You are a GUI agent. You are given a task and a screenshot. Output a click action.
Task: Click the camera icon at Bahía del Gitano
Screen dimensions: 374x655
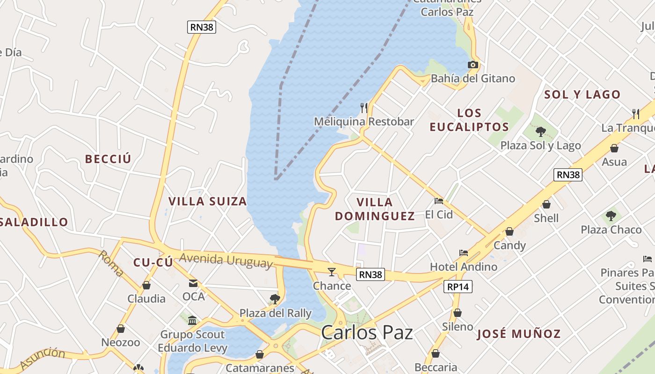click(x=473, y=65)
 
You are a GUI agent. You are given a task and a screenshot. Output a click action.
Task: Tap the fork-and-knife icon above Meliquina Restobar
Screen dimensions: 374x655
click(x=364, y=108)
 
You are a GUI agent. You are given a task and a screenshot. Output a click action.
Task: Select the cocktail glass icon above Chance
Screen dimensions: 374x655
click(x=332, y=272)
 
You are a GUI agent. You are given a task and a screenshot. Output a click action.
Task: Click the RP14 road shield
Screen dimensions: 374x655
click(x=458, y=287)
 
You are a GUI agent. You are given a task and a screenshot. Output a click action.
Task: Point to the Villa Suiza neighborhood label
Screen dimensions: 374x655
click(x=207, y=201)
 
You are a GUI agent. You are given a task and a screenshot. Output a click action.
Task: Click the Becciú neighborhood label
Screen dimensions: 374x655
click(x=108, y=159)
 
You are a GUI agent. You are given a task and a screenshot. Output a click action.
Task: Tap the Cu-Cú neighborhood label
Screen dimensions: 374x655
click(x=153, y=262)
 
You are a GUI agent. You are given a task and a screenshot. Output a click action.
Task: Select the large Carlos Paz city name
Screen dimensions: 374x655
click(x=367, y=333)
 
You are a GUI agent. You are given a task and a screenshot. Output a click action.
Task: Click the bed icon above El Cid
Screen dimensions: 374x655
click(x=439, y=201)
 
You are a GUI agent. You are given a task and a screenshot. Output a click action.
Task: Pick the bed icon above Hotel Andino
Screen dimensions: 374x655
click(x=464, y=253)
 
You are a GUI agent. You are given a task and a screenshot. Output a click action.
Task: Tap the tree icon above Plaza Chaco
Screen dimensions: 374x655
click(x=611, y=216)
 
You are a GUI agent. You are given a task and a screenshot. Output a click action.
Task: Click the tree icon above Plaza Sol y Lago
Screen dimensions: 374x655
click(x=541, y=131)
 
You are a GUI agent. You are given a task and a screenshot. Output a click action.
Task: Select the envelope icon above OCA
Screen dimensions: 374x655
click(x=193, y=283)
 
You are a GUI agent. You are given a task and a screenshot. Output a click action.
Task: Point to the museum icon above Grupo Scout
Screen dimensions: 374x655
click(x=192, y=320)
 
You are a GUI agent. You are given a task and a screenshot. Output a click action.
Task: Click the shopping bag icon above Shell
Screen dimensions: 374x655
click(x=546, y=204)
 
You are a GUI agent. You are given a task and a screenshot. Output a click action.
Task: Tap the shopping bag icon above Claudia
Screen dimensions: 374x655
click(x=146, y=285)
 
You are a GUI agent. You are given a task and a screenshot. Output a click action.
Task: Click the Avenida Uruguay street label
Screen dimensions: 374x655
click(x=226, y=260)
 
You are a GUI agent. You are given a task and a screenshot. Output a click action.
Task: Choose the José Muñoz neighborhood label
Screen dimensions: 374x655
click(x=518, y=334)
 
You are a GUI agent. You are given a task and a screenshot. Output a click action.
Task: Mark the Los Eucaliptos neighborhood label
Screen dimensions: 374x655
click(x=469, y=120)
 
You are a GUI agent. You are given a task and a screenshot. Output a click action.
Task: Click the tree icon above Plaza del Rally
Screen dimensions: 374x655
click(x=275, y=299)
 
